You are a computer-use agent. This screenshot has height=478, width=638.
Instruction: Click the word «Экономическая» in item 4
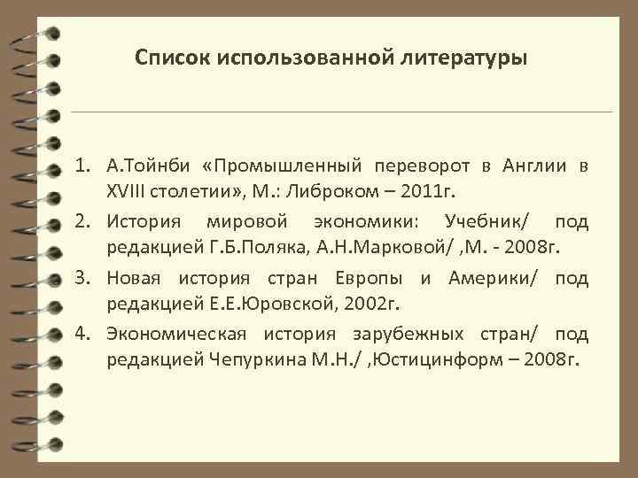pos(175,335)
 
